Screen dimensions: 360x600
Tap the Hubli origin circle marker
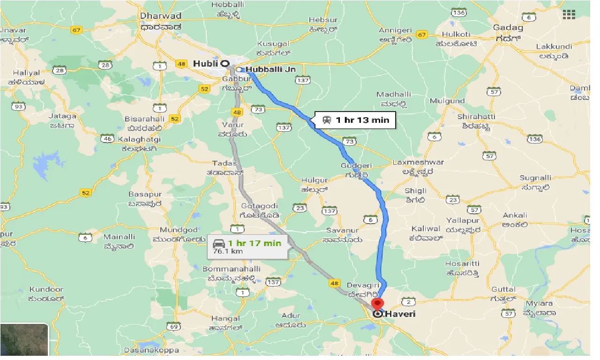(x=225, y=63)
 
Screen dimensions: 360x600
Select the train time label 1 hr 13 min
(x=356, y=120)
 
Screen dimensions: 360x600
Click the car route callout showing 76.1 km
(x=247, y=247)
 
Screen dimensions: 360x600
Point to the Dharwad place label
(x=161, y=15)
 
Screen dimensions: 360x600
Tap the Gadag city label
(x=508, y=28)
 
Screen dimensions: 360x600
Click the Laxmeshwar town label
(x=419, y=163)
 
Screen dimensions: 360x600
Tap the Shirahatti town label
(x=473, y=116)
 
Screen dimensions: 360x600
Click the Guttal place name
(x=503, y=289)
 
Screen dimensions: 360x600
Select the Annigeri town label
(x=395, y=30)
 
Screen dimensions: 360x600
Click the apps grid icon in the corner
(x=569, y=15)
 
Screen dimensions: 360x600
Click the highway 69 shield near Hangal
(x=174, y=326)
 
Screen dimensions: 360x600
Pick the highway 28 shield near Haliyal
(x=60, y=70)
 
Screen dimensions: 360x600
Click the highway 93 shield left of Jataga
(x=19, y=106)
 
